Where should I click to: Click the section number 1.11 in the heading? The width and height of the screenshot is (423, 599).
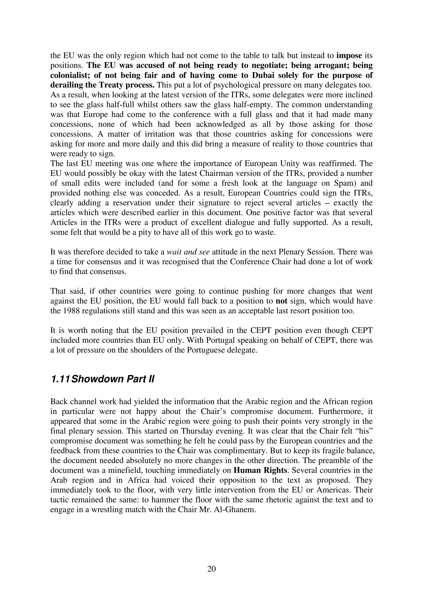60,379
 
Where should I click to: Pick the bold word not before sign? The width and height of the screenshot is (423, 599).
281,301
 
